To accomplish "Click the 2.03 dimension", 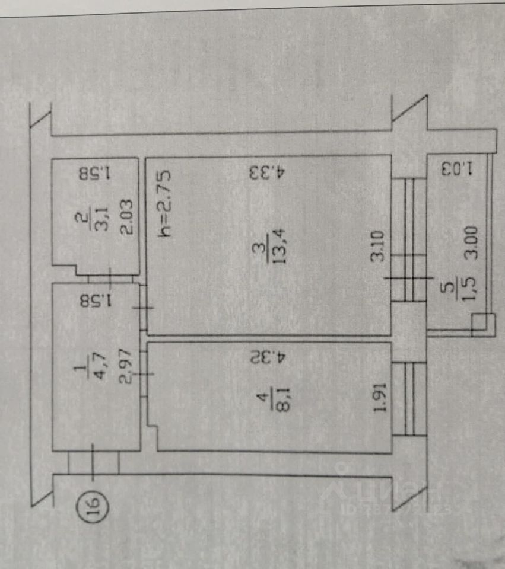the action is point(125,218).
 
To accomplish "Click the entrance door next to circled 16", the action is point(94,462).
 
